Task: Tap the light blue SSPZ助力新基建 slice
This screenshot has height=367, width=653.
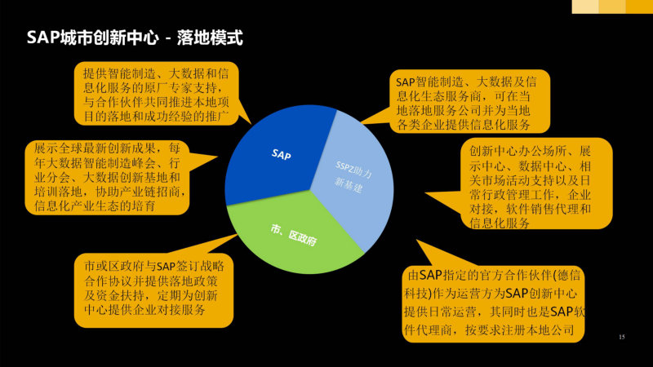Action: pos(354,179)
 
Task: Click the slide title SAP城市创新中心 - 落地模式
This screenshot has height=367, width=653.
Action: pos(135,38)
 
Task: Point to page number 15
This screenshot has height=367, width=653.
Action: pos(622,337)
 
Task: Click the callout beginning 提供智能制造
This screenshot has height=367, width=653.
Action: pos(156,94)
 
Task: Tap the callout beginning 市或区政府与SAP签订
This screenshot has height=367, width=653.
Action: pos(153,290)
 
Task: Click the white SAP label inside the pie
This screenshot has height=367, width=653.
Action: pos(281,155)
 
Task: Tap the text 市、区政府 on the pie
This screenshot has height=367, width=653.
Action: pos(293,235)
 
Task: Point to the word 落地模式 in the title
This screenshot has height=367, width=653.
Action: pos(210,38)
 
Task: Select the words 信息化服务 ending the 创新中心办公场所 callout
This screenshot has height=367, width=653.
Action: pos(500,223)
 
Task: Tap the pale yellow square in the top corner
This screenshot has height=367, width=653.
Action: pos(585,7)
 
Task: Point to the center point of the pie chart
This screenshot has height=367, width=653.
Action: pos(310,190)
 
